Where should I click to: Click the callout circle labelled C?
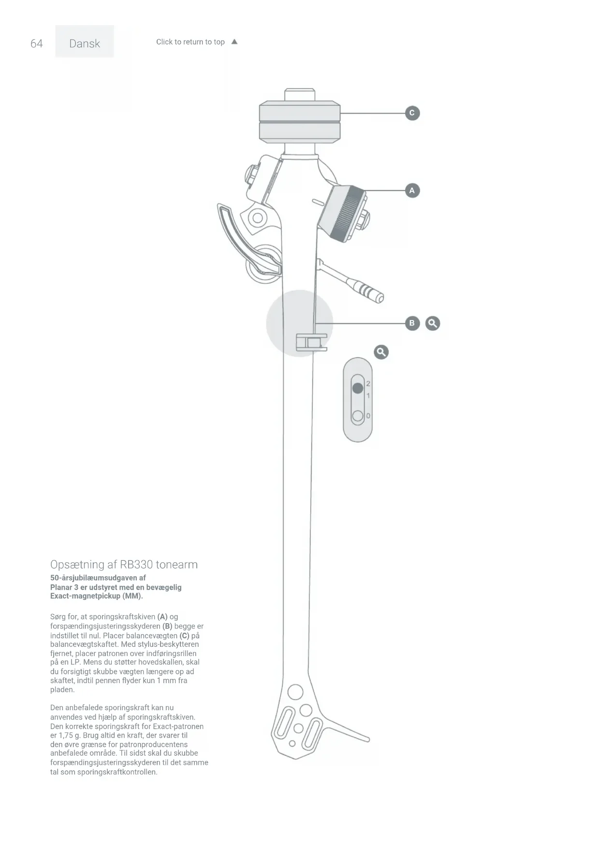(412, 113)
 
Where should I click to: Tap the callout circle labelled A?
(412, 190)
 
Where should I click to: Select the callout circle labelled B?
(412, 323)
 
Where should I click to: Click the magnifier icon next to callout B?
(433, 323)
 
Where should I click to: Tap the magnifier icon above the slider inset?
(381, 352)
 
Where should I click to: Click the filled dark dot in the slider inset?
(358, 388)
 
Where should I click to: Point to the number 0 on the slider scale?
(368, 416)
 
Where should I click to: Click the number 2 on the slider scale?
(368, 383)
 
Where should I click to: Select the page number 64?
(37, 44)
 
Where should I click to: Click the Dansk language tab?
(85, 44)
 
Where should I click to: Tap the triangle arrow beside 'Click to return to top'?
(234, 42)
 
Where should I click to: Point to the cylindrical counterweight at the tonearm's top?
(300, 122)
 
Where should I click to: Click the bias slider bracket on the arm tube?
(311, 342)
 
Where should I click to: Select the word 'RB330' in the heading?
(136, 565)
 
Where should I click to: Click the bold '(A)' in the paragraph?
(162, 617)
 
